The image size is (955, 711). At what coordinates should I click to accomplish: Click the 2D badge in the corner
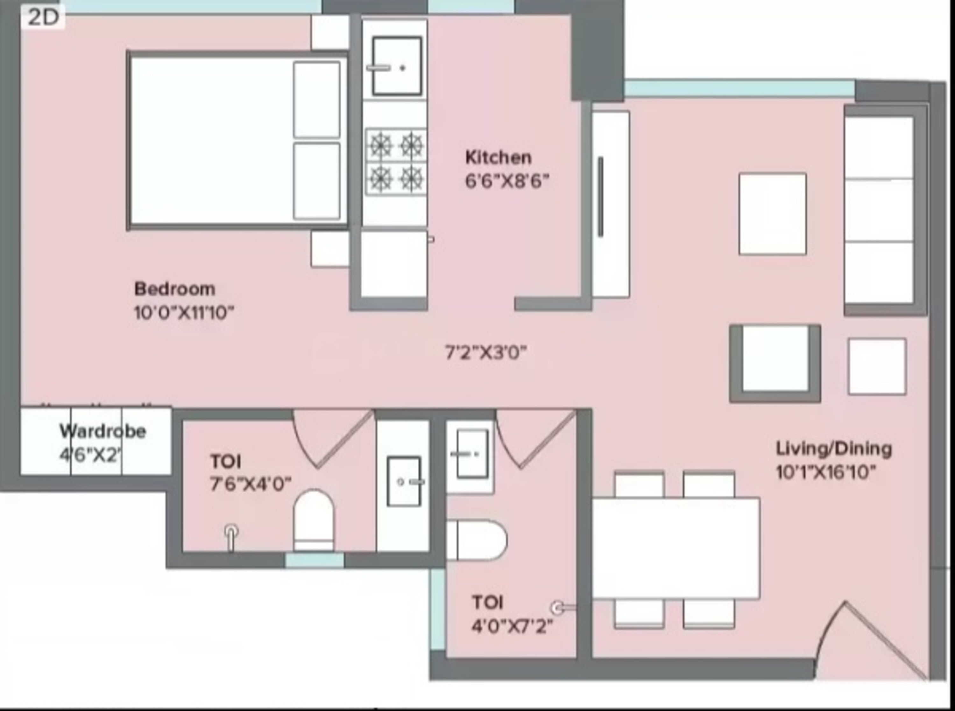point(43,17)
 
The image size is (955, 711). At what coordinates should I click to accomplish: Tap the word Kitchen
point(498,157)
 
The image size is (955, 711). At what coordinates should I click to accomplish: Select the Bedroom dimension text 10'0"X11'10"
point(184,313)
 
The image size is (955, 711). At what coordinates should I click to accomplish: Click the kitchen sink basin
point(397,66)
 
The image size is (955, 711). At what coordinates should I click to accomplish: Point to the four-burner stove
point(396,161)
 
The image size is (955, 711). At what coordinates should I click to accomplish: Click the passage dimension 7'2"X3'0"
point(486,353)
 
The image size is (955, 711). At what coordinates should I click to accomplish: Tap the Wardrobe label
point(103,431)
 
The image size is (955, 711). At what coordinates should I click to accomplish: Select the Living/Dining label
point(834,449)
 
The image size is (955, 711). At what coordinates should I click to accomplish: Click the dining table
point(676,548)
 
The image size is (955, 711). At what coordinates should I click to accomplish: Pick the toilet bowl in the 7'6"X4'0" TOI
point(314,520)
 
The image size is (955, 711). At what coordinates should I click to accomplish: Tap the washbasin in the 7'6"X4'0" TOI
point(404,481)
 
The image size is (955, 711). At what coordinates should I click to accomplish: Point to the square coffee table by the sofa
point(773,214)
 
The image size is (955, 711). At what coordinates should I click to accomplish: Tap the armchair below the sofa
point(775,364)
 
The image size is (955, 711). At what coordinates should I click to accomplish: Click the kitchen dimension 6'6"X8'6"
point(507,181)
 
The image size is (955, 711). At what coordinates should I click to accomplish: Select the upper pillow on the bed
point(316,100)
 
